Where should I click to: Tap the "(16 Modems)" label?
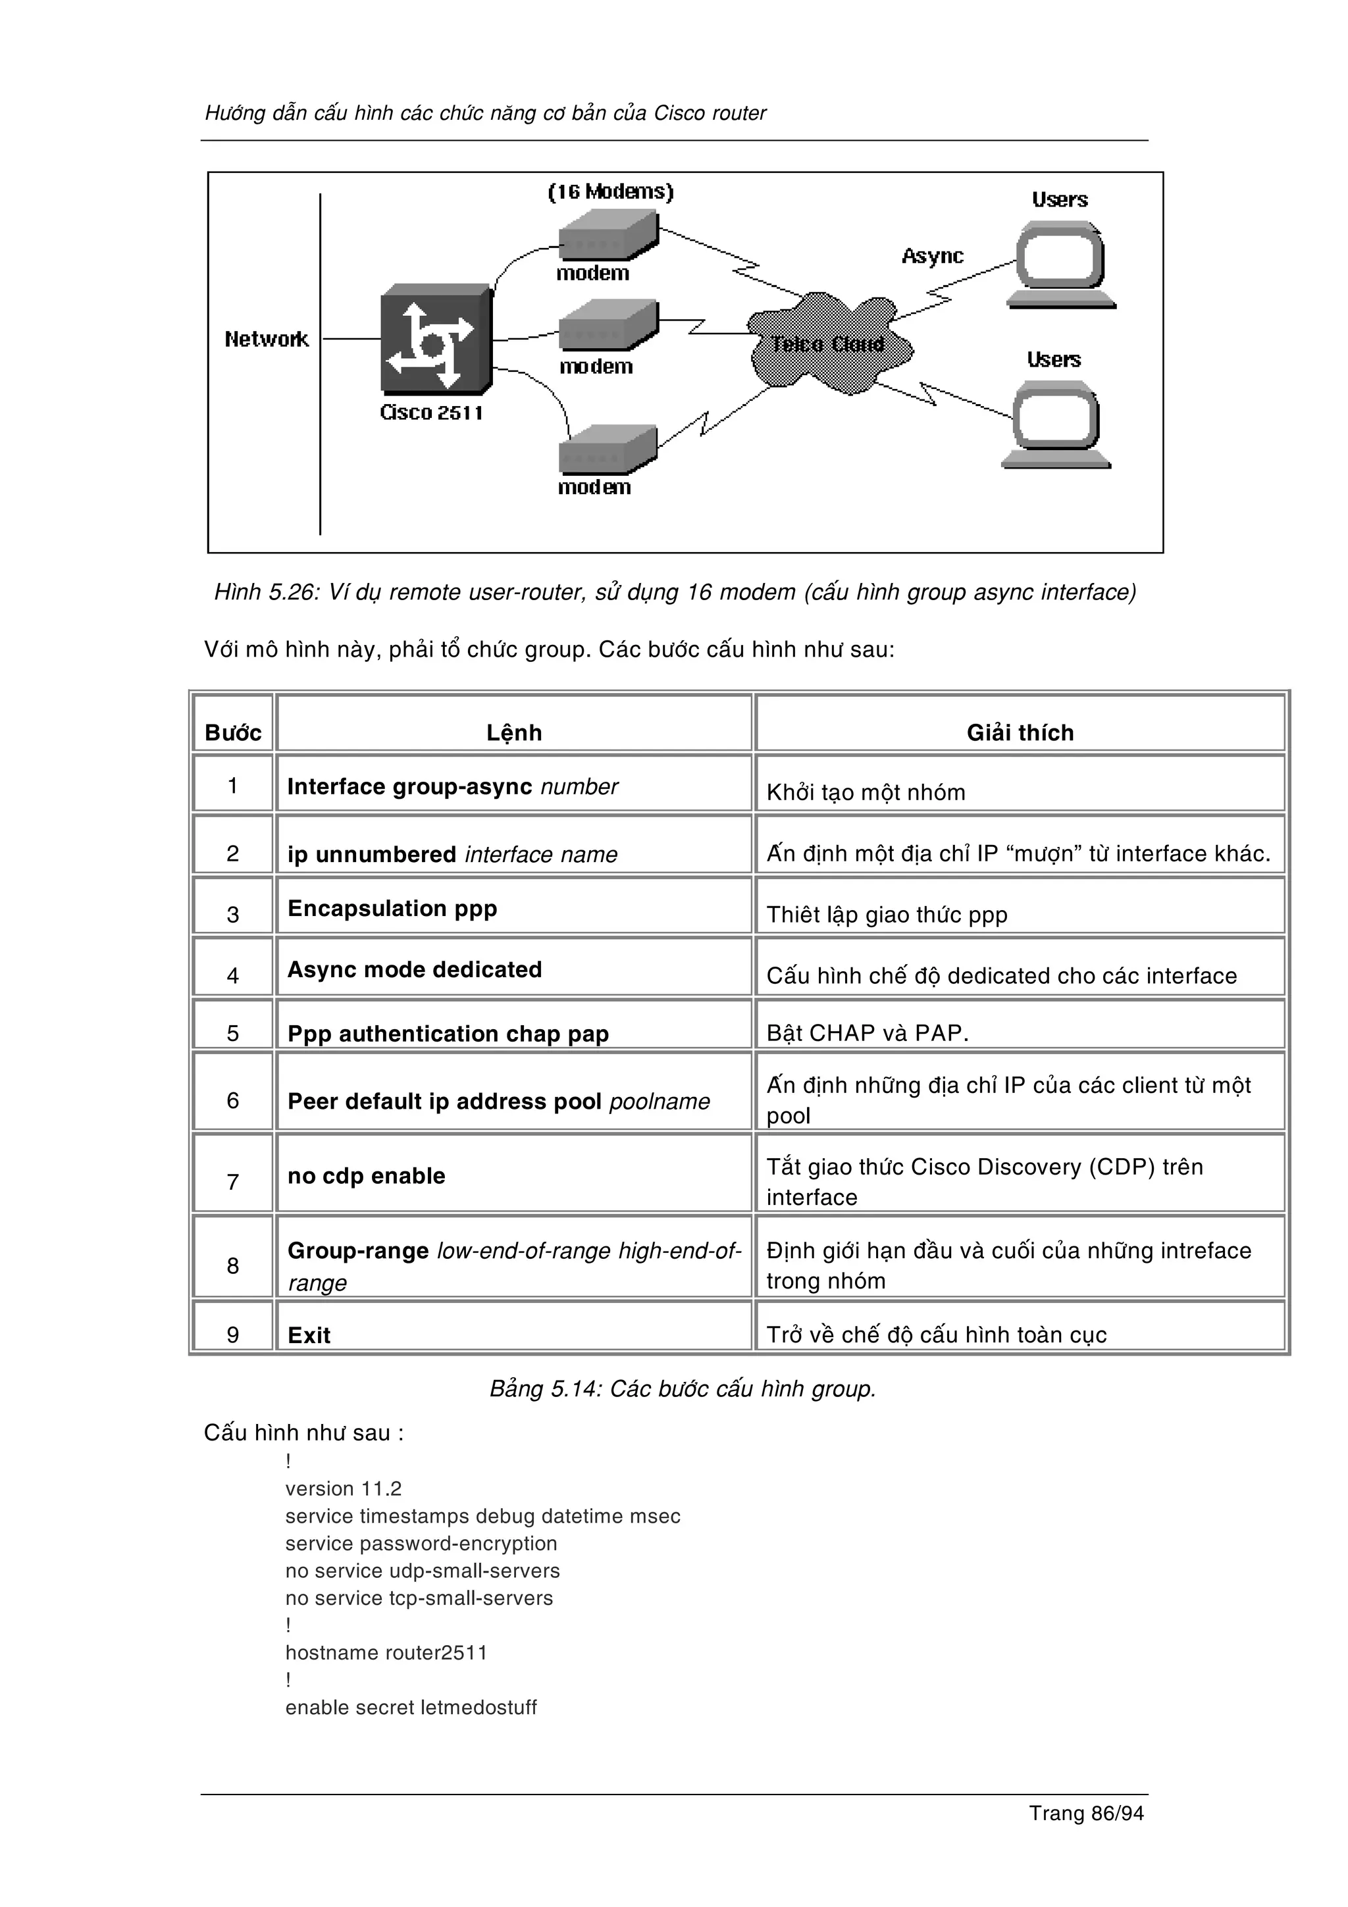[x=610, y=192]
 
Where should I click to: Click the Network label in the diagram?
[x=266, y=339]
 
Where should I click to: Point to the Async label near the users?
[x=932, y=256]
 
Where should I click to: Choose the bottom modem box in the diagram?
[x=607, y=450]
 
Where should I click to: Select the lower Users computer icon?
[x=1056, y=424]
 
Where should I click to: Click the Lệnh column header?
[x=514, y=732]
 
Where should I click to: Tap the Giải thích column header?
[x=1020, y=732]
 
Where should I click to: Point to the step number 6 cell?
[x=232, y=1100]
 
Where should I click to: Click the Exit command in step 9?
[x=309, y=1335]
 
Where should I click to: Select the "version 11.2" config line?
[x=343, y=1488]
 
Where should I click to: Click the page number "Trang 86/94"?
[x=1085, y=1813]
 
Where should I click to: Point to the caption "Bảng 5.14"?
[x=682, y=1388]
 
